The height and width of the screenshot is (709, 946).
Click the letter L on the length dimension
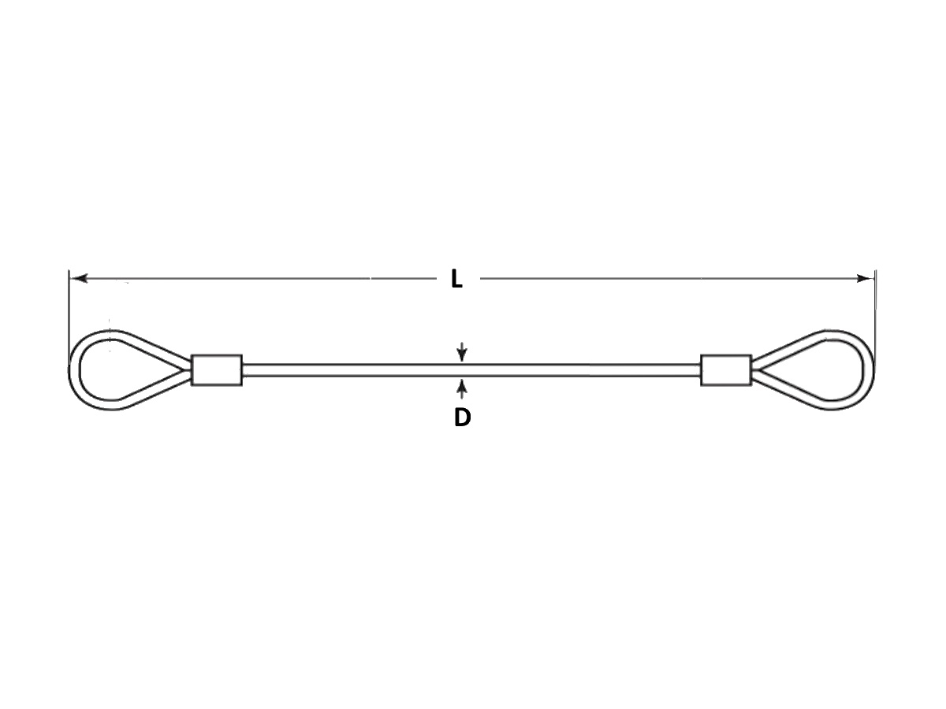coord(456,279)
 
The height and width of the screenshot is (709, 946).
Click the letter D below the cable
coord(463,418)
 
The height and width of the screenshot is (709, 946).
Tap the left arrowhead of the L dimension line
coord(80,279)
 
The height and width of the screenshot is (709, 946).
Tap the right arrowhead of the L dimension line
coord(864,279)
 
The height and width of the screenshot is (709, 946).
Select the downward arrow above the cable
coord(462,351)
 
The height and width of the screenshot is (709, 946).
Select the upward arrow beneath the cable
coord(462,388)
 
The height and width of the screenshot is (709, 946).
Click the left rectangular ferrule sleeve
coord(217,369)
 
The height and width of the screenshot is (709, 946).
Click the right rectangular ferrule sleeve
coord(726,369)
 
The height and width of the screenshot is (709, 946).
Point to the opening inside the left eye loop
coord(121,370)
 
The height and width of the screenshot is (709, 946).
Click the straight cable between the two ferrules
coord(471,370)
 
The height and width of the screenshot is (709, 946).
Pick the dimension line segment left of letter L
coord(255,279)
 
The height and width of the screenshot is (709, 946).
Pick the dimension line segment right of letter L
coord(676,279)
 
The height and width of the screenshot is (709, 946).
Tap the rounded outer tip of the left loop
coord(69,370)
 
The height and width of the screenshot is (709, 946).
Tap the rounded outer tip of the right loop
coord(874,370)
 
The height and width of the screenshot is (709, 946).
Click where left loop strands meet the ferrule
coord(191,370)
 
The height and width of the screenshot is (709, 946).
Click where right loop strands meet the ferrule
coord(753,370)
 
